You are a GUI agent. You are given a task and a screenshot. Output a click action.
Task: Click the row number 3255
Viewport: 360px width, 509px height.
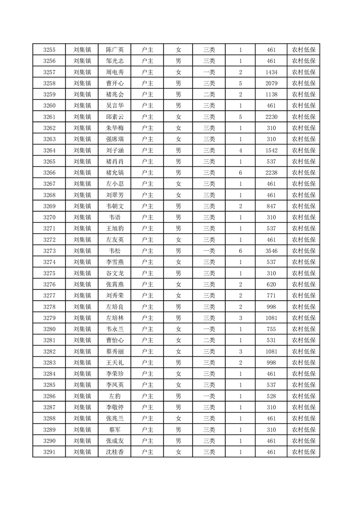point(49,50)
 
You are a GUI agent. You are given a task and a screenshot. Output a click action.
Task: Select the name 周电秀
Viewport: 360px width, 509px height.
point(114,72)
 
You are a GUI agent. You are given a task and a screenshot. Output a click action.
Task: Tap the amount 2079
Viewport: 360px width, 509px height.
point(271,83)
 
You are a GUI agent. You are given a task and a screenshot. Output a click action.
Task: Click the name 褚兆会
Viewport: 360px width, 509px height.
point(114,94)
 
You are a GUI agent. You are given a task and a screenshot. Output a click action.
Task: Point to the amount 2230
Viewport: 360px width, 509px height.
point(271,117)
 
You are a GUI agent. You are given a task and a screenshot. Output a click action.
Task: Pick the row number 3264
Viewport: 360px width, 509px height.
point(49,150)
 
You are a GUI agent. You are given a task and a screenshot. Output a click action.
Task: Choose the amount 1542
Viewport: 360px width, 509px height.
point(271,150)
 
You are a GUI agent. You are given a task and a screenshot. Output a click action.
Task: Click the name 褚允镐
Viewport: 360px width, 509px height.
point(114,173)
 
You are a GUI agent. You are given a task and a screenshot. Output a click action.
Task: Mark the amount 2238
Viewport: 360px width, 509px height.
point(271,173)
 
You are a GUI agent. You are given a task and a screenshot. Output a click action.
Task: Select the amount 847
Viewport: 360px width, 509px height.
point(271,206)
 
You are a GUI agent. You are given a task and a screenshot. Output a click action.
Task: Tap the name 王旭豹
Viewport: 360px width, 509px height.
point(114,229)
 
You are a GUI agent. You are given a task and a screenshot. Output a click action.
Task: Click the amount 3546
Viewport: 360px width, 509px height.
point(271,251)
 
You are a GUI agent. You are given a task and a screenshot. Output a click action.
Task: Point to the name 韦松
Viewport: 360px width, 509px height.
point(114,251)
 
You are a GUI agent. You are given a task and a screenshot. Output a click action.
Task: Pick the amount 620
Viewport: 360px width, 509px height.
point(271,284)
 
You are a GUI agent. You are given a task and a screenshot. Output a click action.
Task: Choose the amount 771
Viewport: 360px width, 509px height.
point(271,295)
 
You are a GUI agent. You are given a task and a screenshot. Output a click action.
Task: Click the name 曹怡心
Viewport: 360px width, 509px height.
point(114,340)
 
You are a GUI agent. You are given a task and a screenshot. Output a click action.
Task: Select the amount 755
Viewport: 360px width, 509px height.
point(271,329)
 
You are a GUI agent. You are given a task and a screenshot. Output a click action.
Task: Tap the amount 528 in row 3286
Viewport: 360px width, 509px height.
point(271,396)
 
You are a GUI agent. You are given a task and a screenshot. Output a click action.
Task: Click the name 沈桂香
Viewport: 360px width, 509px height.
point(114,452)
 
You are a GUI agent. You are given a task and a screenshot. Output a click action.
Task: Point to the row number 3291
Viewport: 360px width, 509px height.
point(49,452)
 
